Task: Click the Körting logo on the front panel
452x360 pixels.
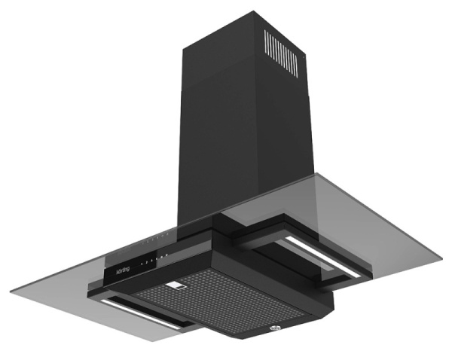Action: pos(124,267)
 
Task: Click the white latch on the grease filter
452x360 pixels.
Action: pos(179,285)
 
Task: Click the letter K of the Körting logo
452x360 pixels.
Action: pos(118,270)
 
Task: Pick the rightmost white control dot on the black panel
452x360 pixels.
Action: pos(166,256)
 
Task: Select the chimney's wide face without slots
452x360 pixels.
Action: pos(218,121)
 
